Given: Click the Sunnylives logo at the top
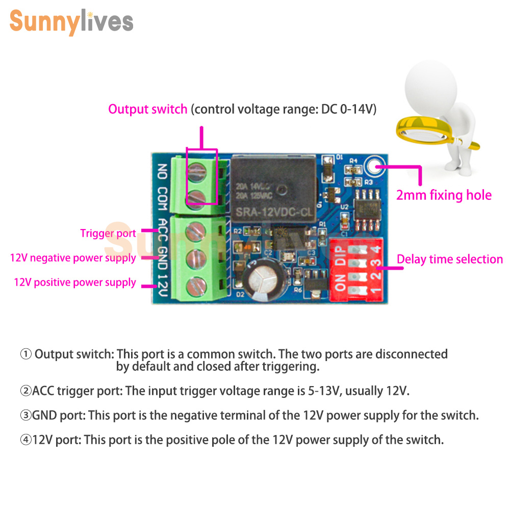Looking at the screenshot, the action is point(71,22).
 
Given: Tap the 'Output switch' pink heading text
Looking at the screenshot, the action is point(148,109).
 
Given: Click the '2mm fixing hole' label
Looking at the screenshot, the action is point(444,195).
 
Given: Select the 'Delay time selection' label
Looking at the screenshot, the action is point(450,259).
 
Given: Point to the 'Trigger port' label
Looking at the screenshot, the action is point(108,233).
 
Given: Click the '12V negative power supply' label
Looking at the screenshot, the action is point(73,258).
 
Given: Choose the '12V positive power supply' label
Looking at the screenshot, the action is point(75,283).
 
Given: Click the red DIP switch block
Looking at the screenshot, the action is point(356,269).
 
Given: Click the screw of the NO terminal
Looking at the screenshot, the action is point(197,172).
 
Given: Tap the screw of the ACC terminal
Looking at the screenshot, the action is point(195,232).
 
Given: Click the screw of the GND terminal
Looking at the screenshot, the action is point(196,259).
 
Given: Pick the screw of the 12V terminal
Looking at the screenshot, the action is point(196,286).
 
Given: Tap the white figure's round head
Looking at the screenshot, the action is point(430,88).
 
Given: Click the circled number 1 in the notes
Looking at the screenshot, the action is point(25,354).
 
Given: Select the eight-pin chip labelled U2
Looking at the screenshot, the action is point(367,210).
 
